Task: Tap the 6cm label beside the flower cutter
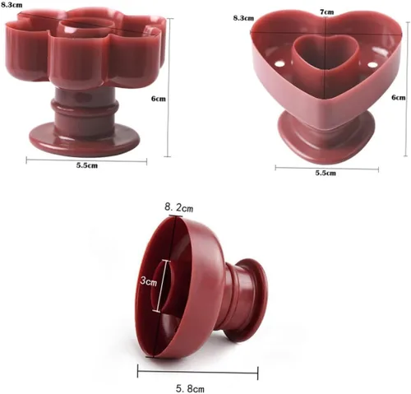159,99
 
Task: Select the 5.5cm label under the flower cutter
87,165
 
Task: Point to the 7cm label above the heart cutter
327,12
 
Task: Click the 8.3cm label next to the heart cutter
243,18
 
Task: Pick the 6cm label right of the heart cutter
398,97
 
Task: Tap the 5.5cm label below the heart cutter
326,173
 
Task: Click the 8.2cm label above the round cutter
178,207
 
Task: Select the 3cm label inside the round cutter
148,281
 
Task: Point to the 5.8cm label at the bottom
190,388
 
